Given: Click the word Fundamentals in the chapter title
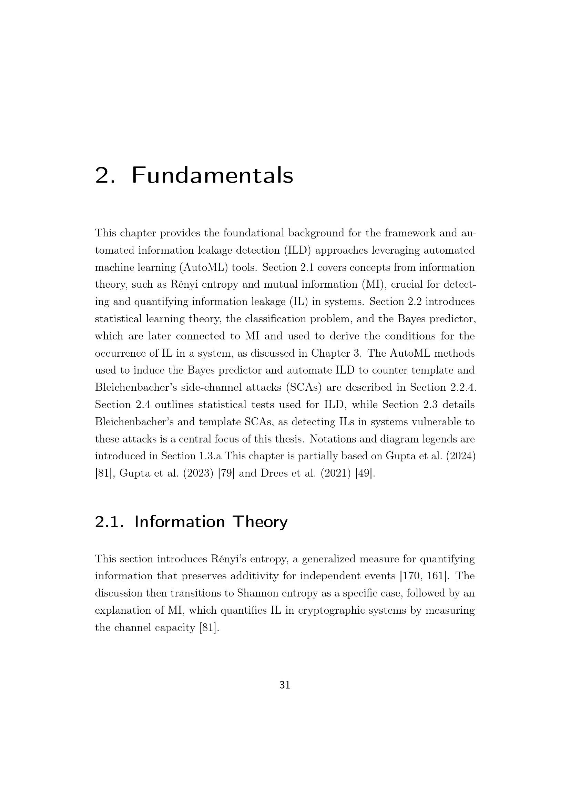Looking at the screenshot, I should click(x=212, y=175).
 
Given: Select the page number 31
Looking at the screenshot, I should click(x=285, y=685).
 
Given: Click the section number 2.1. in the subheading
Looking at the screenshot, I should click(x=109, y=522).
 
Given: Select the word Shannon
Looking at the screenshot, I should click(x=254, y=594).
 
